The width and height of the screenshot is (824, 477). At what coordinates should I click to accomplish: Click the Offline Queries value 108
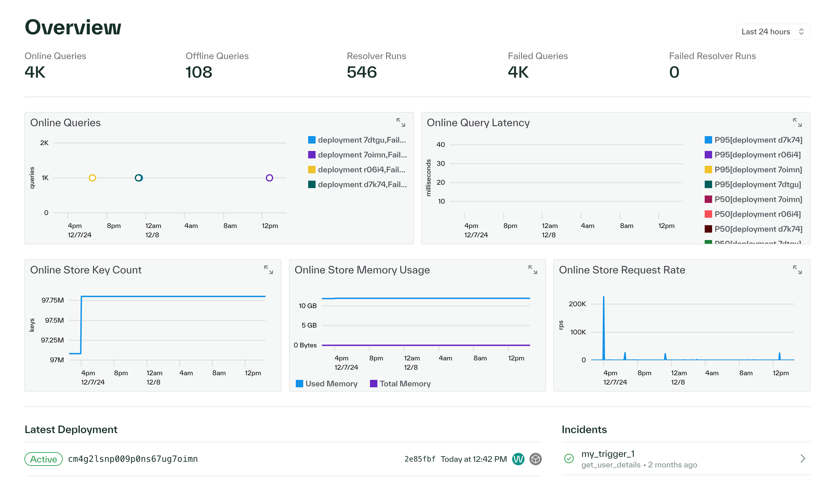199,72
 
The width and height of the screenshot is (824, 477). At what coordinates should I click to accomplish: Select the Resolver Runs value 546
362,72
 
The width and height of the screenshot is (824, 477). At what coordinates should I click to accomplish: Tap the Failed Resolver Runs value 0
674,72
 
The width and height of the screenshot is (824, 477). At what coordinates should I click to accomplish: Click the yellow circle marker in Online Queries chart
92,178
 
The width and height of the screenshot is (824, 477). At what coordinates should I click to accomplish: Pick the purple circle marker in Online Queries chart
269,178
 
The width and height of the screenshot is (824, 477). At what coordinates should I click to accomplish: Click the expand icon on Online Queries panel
401,123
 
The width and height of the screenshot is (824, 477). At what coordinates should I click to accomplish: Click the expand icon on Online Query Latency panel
797,123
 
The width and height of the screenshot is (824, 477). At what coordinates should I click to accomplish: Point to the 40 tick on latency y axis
440,144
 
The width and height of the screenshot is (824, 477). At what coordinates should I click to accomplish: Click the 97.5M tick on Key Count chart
54,320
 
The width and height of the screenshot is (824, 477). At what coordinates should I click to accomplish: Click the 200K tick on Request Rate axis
577,304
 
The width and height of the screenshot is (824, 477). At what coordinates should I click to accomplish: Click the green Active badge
44,459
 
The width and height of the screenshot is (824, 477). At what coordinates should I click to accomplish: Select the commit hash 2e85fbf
420,459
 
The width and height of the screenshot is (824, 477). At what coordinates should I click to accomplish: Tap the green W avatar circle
518,459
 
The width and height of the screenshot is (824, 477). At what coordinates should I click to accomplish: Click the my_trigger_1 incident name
608,454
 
